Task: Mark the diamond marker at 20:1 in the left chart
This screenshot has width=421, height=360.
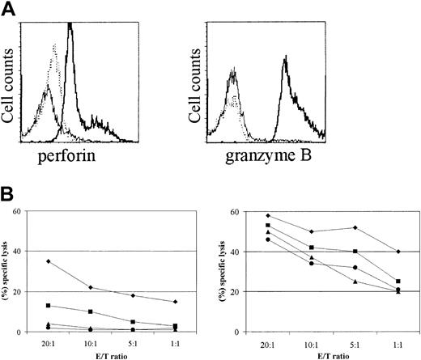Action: pos(49,261)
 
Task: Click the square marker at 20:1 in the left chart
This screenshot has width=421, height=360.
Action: pos(49,306)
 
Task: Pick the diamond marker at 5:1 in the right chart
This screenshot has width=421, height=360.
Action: pos(349,227)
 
